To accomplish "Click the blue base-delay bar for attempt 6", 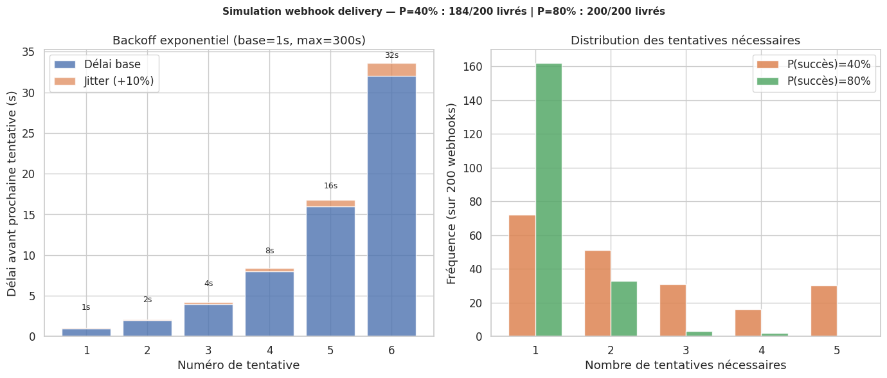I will click(391, 206).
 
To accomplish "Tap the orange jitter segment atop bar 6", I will click(391, 69).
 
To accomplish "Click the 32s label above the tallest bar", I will click(391, 55).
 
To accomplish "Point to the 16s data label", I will click(330, 186).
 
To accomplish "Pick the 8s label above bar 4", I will click(269, 251).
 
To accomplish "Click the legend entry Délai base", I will click(104, 64).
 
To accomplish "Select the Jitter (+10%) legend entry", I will click(104, 81).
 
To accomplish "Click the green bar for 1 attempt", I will click(548, 199).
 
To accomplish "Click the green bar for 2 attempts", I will click(623, 309).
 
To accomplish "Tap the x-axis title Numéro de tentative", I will click(238, 365).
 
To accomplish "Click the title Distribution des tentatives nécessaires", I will click(685, 40).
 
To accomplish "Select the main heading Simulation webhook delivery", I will click(443, 12).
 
